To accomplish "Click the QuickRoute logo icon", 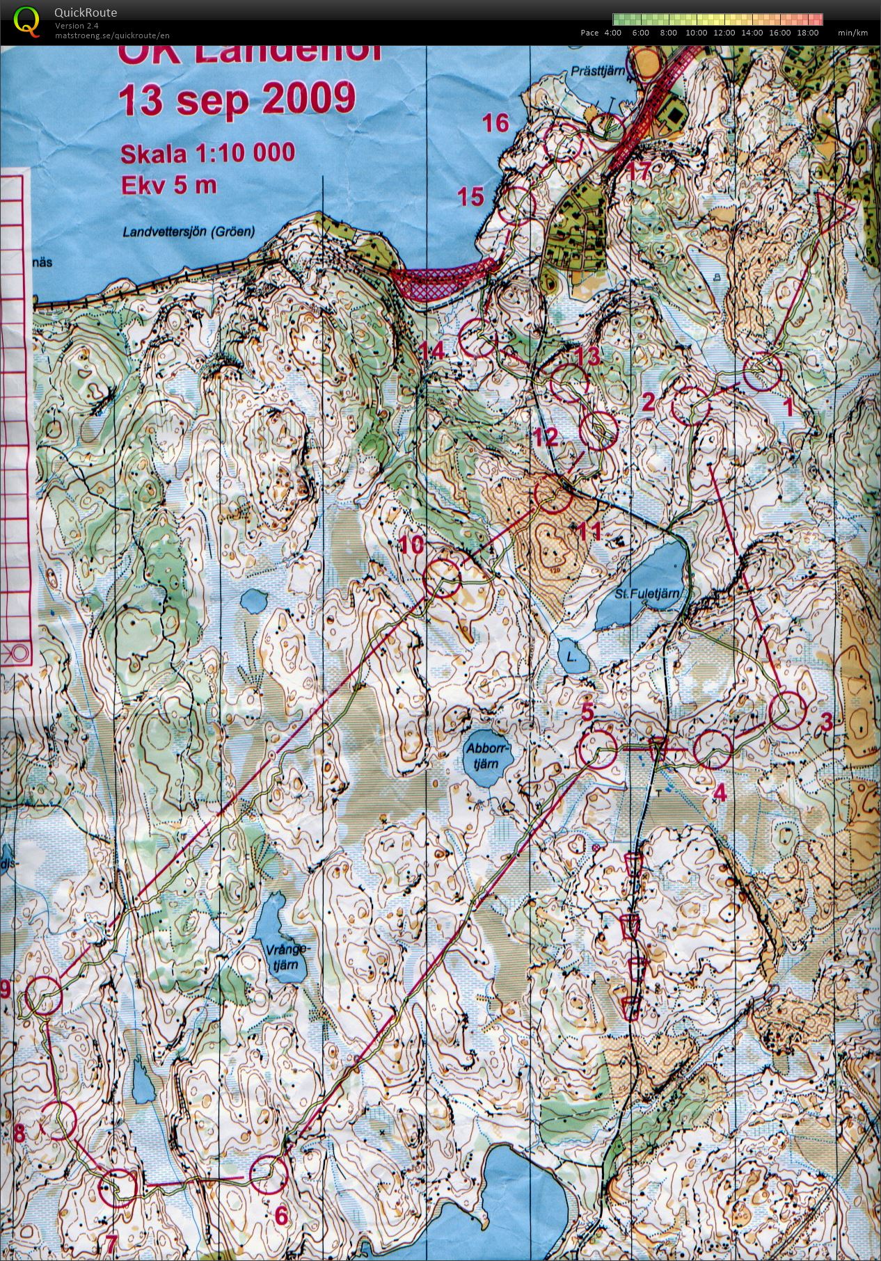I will click(26, 20).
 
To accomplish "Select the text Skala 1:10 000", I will click(207, 153).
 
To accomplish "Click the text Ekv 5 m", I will click(168, 185).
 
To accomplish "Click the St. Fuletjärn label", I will click(646, 594).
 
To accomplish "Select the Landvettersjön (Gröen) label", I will click(189, 232).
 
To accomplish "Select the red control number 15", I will click(470, 197).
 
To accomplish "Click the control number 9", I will click(5, 989).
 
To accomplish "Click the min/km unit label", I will click(852, 33).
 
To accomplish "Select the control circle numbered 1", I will click(762, 371).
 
